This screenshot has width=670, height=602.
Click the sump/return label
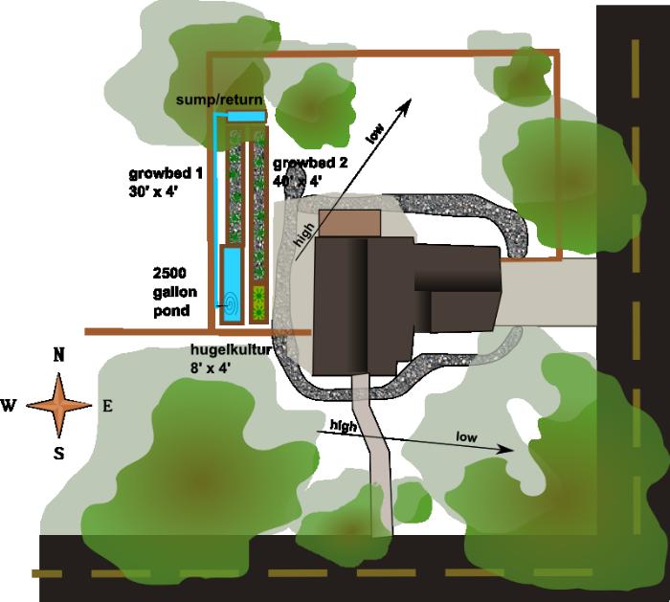[219, 100]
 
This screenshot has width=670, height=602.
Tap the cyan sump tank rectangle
[245, 116]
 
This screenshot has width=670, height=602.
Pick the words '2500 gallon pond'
[172, 291]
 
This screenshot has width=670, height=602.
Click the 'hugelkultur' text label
[231, 350]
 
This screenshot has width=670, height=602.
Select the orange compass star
[57, 404]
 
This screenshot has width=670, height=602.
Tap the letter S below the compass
[58, 453]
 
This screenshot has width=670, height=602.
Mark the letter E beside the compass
[107, 406]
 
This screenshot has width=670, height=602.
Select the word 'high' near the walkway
[343, 424]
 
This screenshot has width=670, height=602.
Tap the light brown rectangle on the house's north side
[350, 223]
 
